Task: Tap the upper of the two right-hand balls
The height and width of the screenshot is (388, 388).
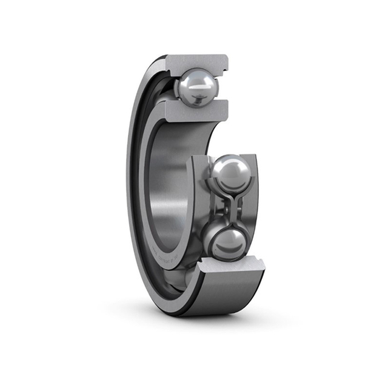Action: pyautogui.click(x=230, y=173)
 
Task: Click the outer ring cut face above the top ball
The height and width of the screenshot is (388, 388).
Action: pyautogui.click(x=195, y=62)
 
